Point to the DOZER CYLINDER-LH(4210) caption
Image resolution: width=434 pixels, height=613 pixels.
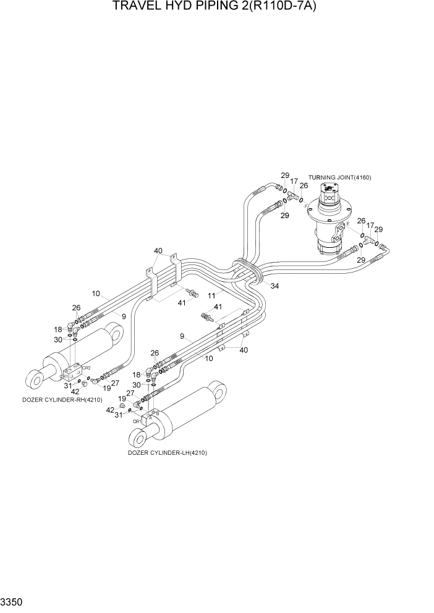167,452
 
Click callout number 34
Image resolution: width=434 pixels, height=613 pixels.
274,285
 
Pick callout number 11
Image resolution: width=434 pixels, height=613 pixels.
211,296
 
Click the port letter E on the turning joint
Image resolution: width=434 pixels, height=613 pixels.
347,223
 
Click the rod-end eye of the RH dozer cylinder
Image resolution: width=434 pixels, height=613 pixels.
36,374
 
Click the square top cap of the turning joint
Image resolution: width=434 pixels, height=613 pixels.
333,188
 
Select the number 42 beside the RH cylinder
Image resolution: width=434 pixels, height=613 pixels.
75,391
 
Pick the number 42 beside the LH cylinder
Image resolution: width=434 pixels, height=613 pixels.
110,410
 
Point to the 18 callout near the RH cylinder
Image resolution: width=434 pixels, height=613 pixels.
58,329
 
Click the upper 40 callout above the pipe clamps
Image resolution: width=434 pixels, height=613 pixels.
158,251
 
